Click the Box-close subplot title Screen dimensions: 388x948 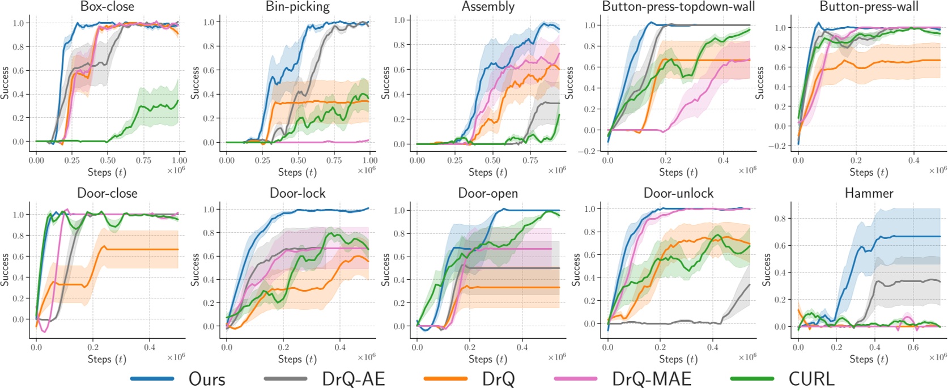tap(107, 7)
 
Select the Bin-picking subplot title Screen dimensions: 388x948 tap(297, 7)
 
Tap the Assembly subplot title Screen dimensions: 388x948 tap(488, 7)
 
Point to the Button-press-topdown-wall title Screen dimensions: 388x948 tap(678, 7)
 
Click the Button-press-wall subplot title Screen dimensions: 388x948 tap(869, 7)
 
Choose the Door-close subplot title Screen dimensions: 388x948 tap(107, 193)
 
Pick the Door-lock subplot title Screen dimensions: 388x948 tap(297, 193)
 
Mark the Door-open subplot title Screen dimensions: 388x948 tap(488, 193)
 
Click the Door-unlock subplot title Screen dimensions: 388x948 tap(678, 193)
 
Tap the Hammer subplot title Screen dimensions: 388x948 tap(869, 193)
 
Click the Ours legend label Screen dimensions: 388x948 tap(207, 379)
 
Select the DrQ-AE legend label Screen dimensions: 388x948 tap(353, 379)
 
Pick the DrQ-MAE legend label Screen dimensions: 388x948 tap(652, 379)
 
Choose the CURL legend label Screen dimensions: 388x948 tap(811, 379)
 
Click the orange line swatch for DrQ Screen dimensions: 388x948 tap(445, 378)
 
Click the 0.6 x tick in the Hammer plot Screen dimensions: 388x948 tap(913, 347)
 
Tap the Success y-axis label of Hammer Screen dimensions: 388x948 tap(766, 270)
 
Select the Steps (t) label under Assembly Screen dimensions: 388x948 tap(488, 172)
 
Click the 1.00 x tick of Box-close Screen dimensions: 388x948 tap(179, 160)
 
